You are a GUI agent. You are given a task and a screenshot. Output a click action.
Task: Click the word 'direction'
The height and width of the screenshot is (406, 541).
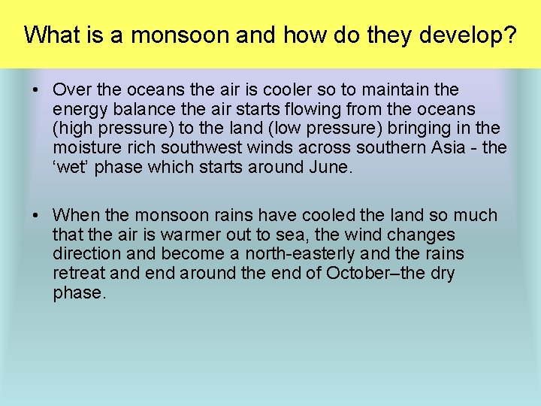tap(83, 255)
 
